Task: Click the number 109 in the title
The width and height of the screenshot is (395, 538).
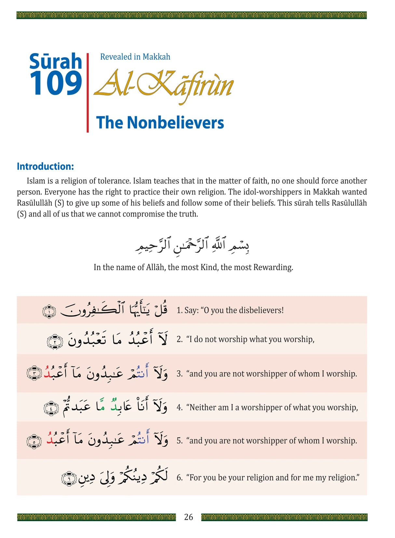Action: tap(56, 84)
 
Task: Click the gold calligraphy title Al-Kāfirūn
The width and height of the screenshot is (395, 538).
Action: tap(164, 85)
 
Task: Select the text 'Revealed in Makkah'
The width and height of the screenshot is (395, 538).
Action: tap(135, 57)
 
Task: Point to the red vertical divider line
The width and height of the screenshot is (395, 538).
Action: tap(88, 93)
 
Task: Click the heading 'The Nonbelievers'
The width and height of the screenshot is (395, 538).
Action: tap(160, 123)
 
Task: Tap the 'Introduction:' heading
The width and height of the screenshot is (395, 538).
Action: tap(45, 166)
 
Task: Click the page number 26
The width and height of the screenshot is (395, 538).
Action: tap(188, 517)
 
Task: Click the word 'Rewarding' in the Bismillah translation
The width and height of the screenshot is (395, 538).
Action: tap(273, 267)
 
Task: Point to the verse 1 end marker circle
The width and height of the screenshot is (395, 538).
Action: tap(49, 311)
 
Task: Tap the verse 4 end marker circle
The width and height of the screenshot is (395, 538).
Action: tap(51, 408)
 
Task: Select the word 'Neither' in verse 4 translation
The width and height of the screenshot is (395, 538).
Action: tap(202, 407)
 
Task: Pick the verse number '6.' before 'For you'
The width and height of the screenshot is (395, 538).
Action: tap(180, 478)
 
